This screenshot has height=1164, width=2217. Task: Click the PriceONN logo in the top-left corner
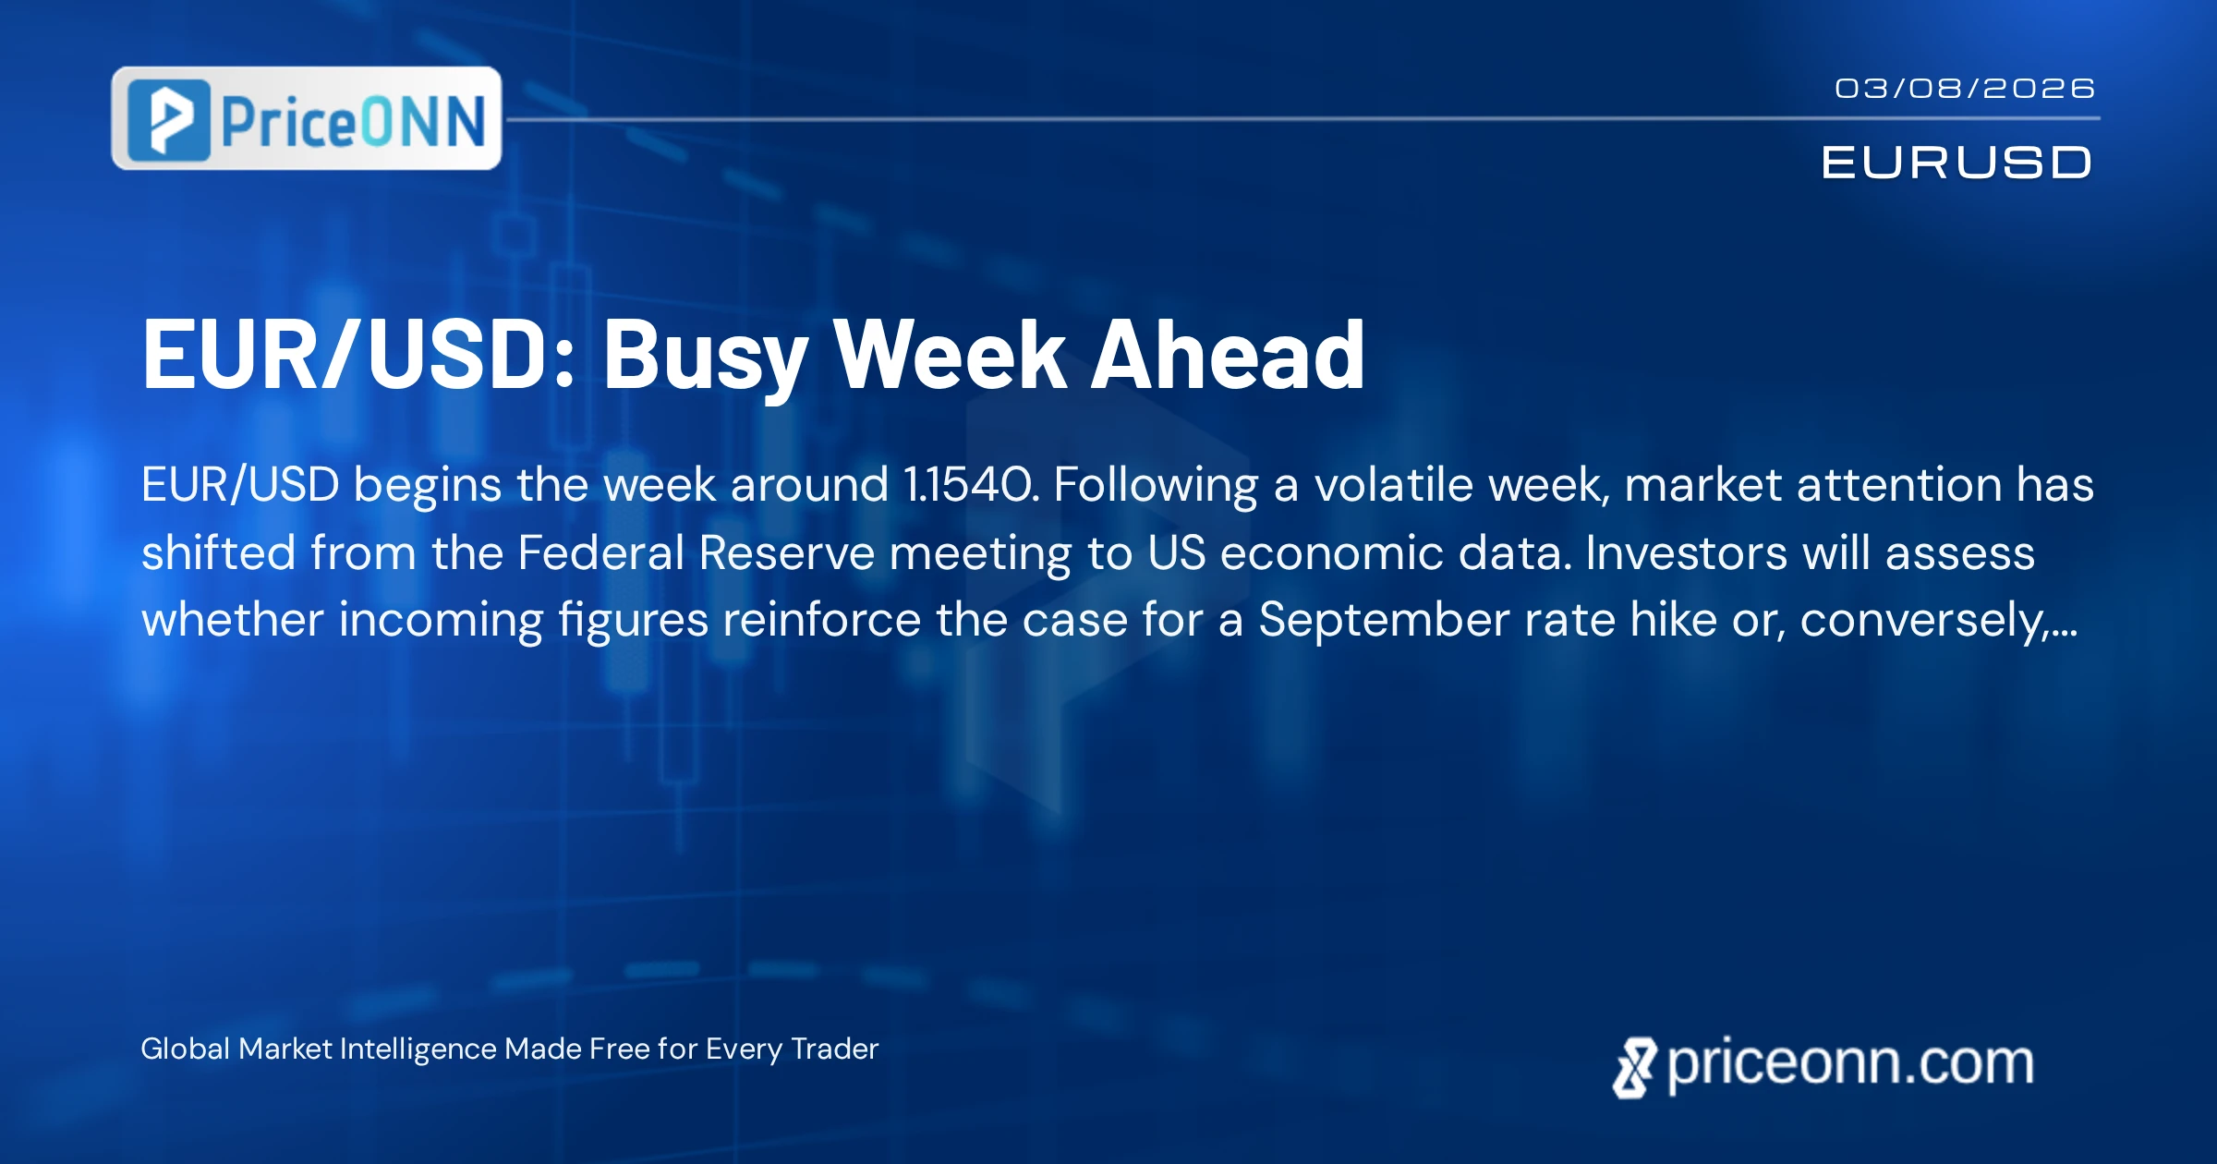307,118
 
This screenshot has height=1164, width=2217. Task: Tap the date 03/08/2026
1965,89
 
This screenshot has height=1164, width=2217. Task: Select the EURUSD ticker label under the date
1957,163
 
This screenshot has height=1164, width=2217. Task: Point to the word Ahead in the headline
1229,355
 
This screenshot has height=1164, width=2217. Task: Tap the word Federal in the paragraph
600,552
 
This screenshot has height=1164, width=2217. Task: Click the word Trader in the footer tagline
835,1049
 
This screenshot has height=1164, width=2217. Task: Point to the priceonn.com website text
1850,1064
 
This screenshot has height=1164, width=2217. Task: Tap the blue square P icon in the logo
169,120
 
